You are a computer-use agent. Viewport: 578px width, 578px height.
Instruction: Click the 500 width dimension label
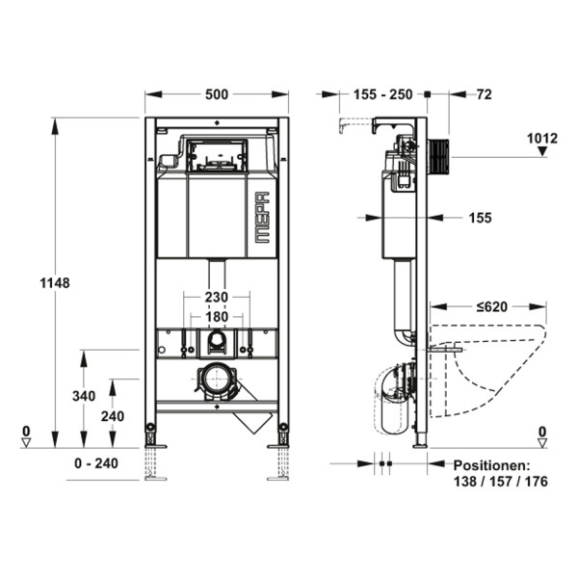click(x=217, y=94)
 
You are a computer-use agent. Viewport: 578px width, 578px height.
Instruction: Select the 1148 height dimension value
click(x=55, y=283)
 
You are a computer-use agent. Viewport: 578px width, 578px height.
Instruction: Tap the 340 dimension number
click(x=84, y=396)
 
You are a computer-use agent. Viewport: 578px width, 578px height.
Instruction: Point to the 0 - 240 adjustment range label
click(x=96, y=463)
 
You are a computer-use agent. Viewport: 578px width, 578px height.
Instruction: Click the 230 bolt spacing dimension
click(x=217, y=297)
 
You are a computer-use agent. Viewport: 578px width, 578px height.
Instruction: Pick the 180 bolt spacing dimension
click(x=217, y=317)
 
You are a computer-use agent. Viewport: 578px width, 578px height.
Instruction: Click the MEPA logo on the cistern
click(x=262, y=218)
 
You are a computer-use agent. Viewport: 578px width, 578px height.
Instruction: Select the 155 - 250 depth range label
click(x=383, y=94)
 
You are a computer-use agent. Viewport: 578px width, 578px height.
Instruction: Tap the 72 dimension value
click(x=484, y=94)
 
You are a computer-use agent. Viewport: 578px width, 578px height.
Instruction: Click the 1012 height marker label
click(x=541, y=139)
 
